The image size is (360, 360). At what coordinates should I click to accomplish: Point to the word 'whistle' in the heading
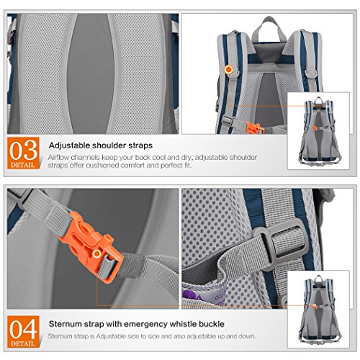click(158, 323)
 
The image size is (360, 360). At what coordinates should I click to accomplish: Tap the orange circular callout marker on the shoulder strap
click(228, 69)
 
